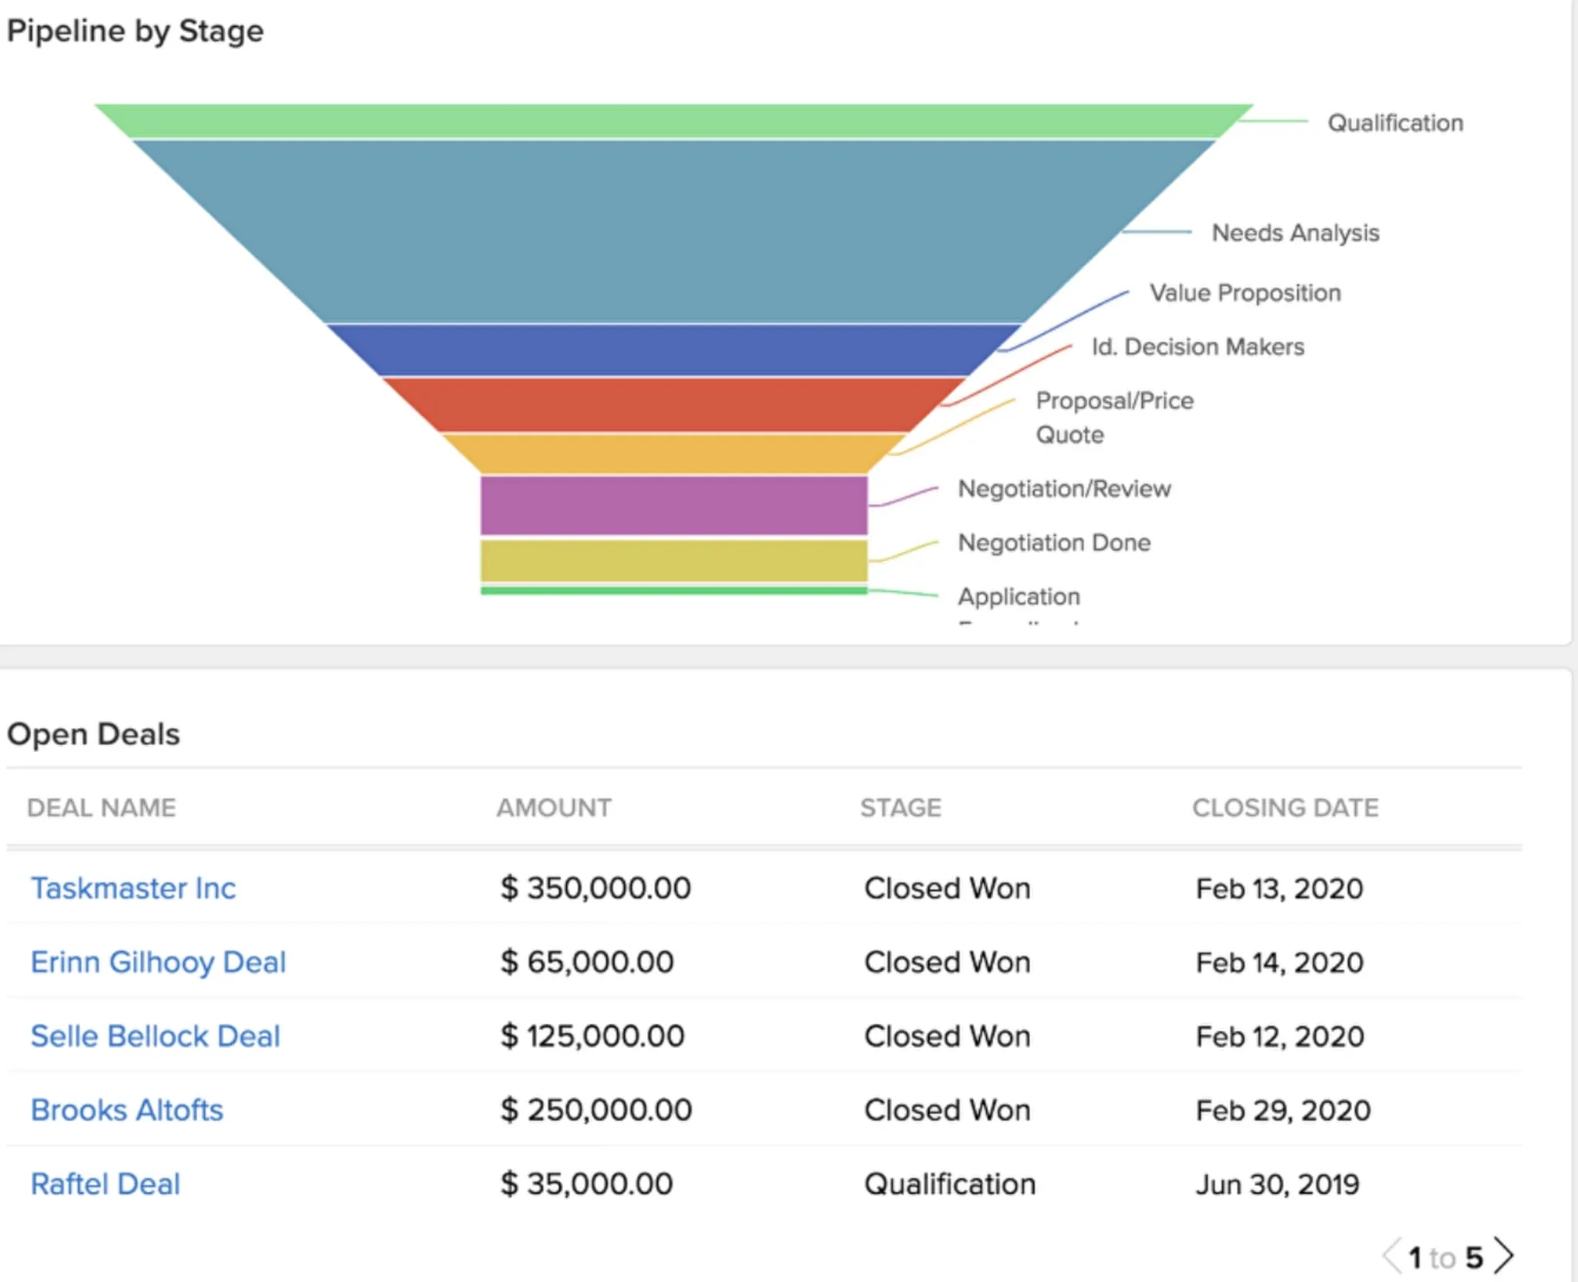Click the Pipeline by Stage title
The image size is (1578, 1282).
[135, 32]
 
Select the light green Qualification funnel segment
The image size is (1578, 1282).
[673, 121]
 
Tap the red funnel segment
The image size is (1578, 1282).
[673, 404]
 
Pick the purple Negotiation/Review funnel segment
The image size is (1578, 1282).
[673, 505]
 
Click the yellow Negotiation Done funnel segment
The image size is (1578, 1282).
[673, 560]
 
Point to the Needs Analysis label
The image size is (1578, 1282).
[1295, 233]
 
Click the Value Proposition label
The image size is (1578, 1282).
[1245, 293]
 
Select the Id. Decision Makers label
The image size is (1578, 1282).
[1197, 347]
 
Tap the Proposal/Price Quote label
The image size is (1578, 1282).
[1114, 417]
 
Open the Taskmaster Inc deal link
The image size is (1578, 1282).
[133, 888]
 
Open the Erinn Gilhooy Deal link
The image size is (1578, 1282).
[158, 962]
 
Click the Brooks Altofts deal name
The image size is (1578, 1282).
[126, 1110]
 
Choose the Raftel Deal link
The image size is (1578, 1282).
[105, 1184]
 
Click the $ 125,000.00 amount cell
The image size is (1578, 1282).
[592, 1036]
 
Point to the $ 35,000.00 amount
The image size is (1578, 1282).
[586, 1184]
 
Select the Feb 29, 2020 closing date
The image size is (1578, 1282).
[1283, 1110]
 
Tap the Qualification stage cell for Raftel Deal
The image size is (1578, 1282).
[949, 1184]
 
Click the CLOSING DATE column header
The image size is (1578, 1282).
[1285, 807]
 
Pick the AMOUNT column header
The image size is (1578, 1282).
[554, 807]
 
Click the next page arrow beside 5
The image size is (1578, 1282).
[1503, 1257]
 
